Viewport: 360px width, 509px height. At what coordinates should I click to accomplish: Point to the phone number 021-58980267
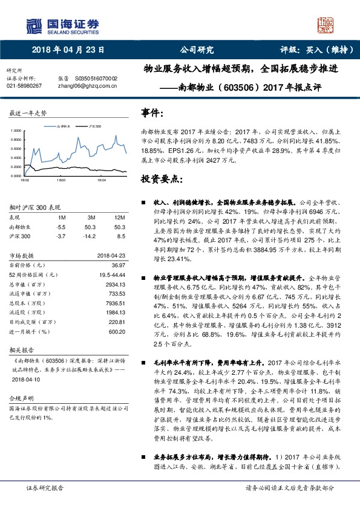coord(24,86)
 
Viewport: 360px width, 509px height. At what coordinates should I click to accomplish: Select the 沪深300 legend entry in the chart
coord(94,127)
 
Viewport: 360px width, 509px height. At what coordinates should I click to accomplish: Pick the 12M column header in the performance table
coord(119,217)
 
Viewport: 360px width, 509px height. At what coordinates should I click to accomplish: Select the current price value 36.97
coord(117,265)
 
